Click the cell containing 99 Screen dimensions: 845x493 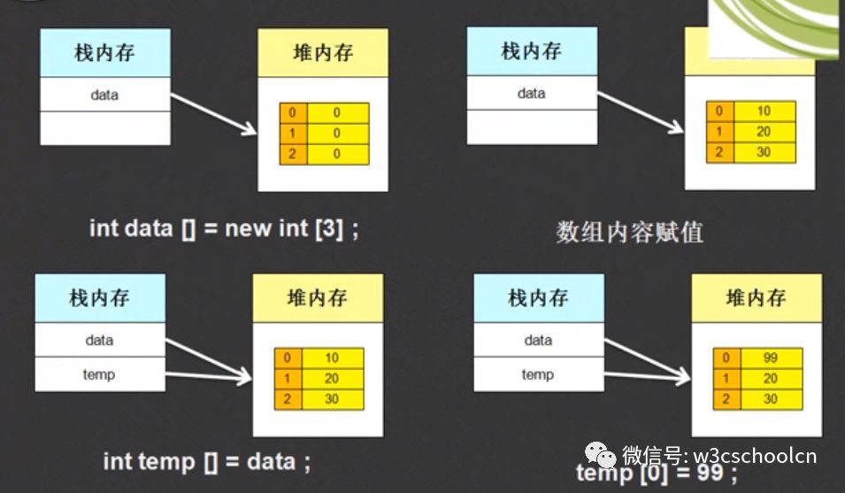click(x=772, y=358)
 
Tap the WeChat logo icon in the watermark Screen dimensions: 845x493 click(x=600, y=455)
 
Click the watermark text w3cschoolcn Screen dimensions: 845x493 click(x=755, y=456)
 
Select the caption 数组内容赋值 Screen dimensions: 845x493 click(x=629, y=232)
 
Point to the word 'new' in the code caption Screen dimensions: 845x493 click(x=249, y=228)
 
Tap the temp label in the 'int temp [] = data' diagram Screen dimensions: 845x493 click(x=99, y=374)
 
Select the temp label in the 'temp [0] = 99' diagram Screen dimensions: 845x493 click(x=538, y=374)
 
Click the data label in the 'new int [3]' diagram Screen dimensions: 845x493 click(x=104, y=95)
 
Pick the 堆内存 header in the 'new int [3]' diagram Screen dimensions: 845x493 click(x=323, y=53)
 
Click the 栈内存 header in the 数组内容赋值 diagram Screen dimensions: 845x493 click(x=532, y=51)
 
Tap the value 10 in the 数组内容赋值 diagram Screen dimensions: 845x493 click(x=764, y=111)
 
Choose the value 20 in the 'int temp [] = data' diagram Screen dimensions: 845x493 click(x=333, y=378)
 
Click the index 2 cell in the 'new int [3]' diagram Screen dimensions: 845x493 click(x=293, y=154)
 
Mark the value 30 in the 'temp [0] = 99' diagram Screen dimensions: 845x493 click(x=772, y=399)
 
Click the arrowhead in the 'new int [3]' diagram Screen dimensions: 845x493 click(x=250, y=128)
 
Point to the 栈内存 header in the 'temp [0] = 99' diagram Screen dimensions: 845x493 click(x=539, y=298)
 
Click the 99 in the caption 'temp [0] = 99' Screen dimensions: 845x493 click(x=711, y=473)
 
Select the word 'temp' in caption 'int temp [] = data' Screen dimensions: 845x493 click(x=166, y=462)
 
